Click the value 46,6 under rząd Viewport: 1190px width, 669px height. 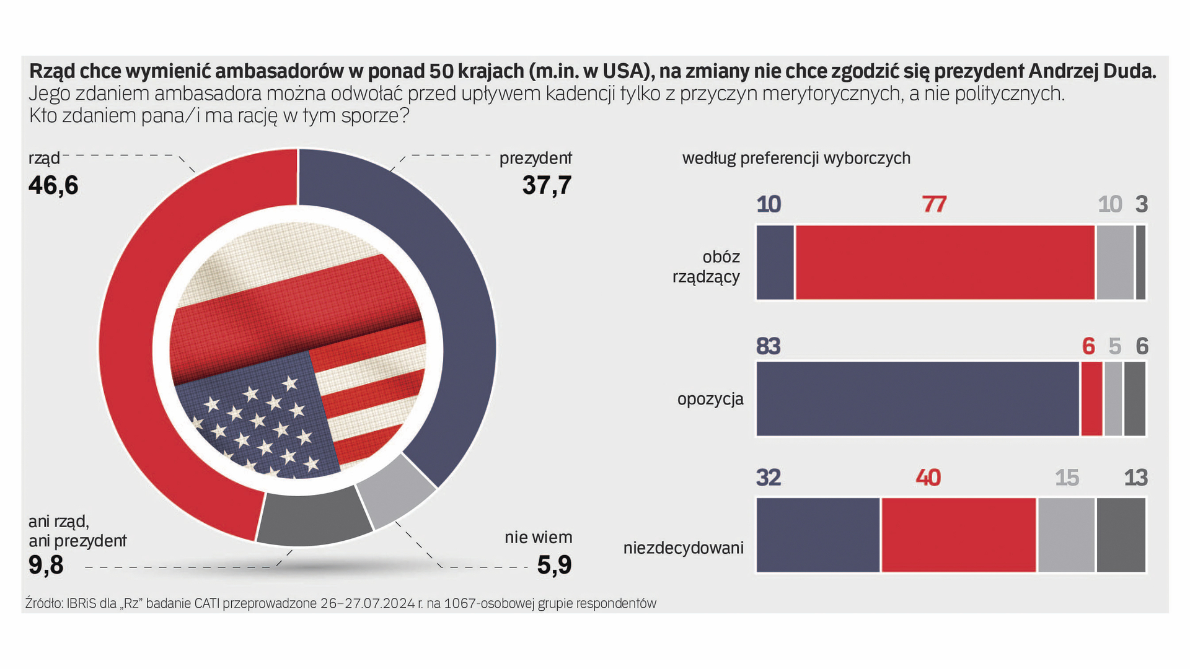click(x=53, y=185)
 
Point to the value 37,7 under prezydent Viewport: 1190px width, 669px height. click(x=546, y=185)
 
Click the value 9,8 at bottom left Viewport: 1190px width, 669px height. click(x=46, y=565)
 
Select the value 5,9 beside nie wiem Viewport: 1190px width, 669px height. click(x=554, y=565)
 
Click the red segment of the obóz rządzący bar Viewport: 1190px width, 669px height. click(x=945, y=263)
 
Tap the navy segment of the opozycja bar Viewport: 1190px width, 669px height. click(x=917, y=399)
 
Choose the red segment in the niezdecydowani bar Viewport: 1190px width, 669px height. click(x=958, y=535)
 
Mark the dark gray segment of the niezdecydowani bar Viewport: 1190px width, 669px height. click(x=1121, y=535)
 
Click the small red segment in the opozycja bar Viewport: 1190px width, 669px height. click(x=1091, y=399)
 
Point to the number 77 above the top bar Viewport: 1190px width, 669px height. click(x=934, y=204)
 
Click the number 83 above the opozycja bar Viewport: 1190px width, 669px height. click(x=769, y=346)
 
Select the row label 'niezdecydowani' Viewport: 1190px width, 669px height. click(x=683, y=548)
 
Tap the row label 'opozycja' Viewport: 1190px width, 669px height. click(x=710, y=399)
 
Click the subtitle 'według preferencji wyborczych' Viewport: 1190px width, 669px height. click(x=796, y=159)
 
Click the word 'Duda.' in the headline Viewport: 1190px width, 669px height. click(x=1130, y=72)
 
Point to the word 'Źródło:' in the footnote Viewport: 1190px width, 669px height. click(x=44, y=603)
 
